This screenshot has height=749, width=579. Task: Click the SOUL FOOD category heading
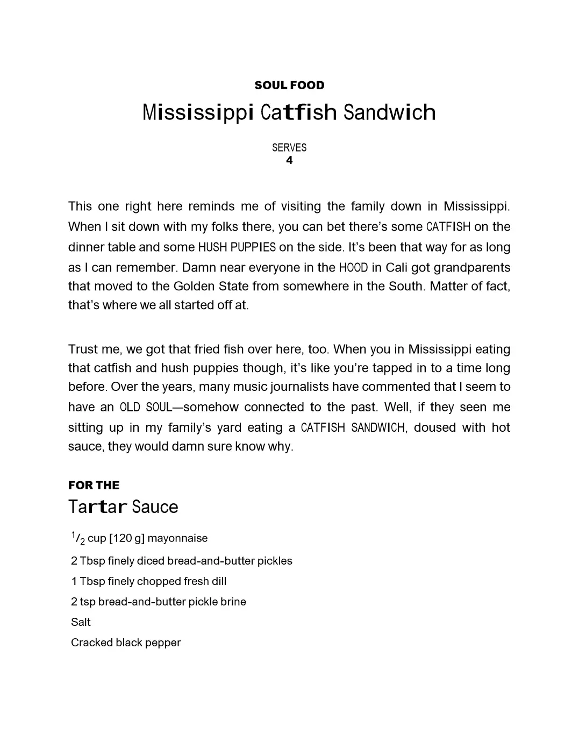(x=289, y=85)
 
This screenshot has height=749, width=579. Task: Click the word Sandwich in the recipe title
(x=389, y=112)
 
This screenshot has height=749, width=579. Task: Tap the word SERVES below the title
(x=289, y=147)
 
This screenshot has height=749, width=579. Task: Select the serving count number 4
(x=289, y=160)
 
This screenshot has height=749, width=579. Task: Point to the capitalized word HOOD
(x=353, y=268)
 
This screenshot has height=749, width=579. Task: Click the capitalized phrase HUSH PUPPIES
(x=237, y=247)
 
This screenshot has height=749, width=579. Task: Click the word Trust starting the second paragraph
(x=83, y=349)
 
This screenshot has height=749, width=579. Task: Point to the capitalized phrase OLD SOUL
(x=145, y=408)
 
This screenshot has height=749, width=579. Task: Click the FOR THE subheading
(x=94, y=485)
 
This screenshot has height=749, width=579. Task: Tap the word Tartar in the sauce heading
(x=98, y=507)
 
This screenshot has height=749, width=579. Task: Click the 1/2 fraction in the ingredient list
(x=77, y=538)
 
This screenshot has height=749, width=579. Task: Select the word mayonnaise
(x=177, y=538)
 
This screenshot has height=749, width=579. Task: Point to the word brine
(x=233, y=602)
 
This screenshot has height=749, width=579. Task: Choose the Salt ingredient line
(x=81, y=622)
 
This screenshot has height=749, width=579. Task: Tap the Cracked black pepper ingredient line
(x=126, y=643)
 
